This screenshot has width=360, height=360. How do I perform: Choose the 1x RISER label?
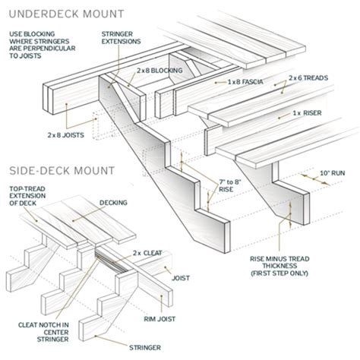[x=306, y=114]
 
